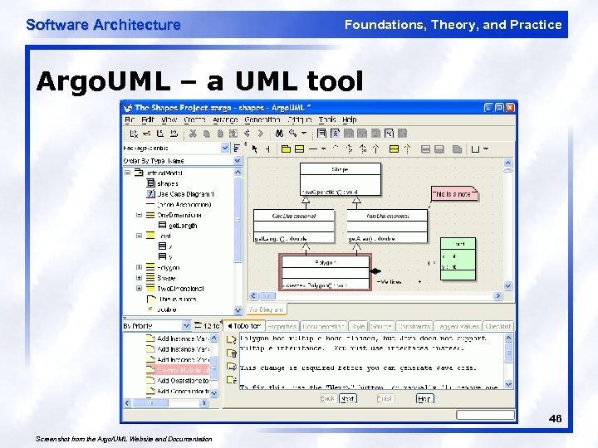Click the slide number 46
(x=555, y=420)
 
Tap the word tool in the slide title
(x=336, y=81)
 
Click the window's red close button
(x=511, y=108)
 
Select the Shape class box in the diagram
(x=341, y=179)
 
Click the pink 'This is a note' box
(x=453, y=193)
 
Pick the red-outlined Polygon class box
(x=324, y=272)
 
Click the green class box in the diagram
(x=458, y=256)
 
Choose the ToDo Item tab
(x=247, y=326)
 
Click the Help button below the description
(x=424, y=398)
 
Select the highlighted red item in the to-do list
(x=184, y=370)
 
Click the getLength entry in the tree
(x=183, y=226)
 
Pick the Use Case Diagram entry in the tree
(x=185, y=194)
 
